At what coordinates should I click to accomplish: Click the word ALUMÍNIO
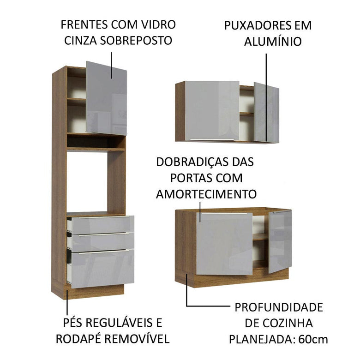click(272, 42)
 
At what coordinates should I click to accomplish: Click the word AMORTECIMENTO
click(206, 193)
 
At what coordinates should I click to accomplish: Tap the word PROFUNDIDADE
click(278, 307)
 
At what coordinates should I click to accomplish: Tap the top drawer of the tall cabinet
click(102, 224)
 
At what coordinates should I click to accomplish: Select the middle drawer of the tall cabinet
click(102, 241)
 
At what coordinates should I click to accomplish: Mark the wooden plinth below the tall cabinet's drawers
click(97, 291)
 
